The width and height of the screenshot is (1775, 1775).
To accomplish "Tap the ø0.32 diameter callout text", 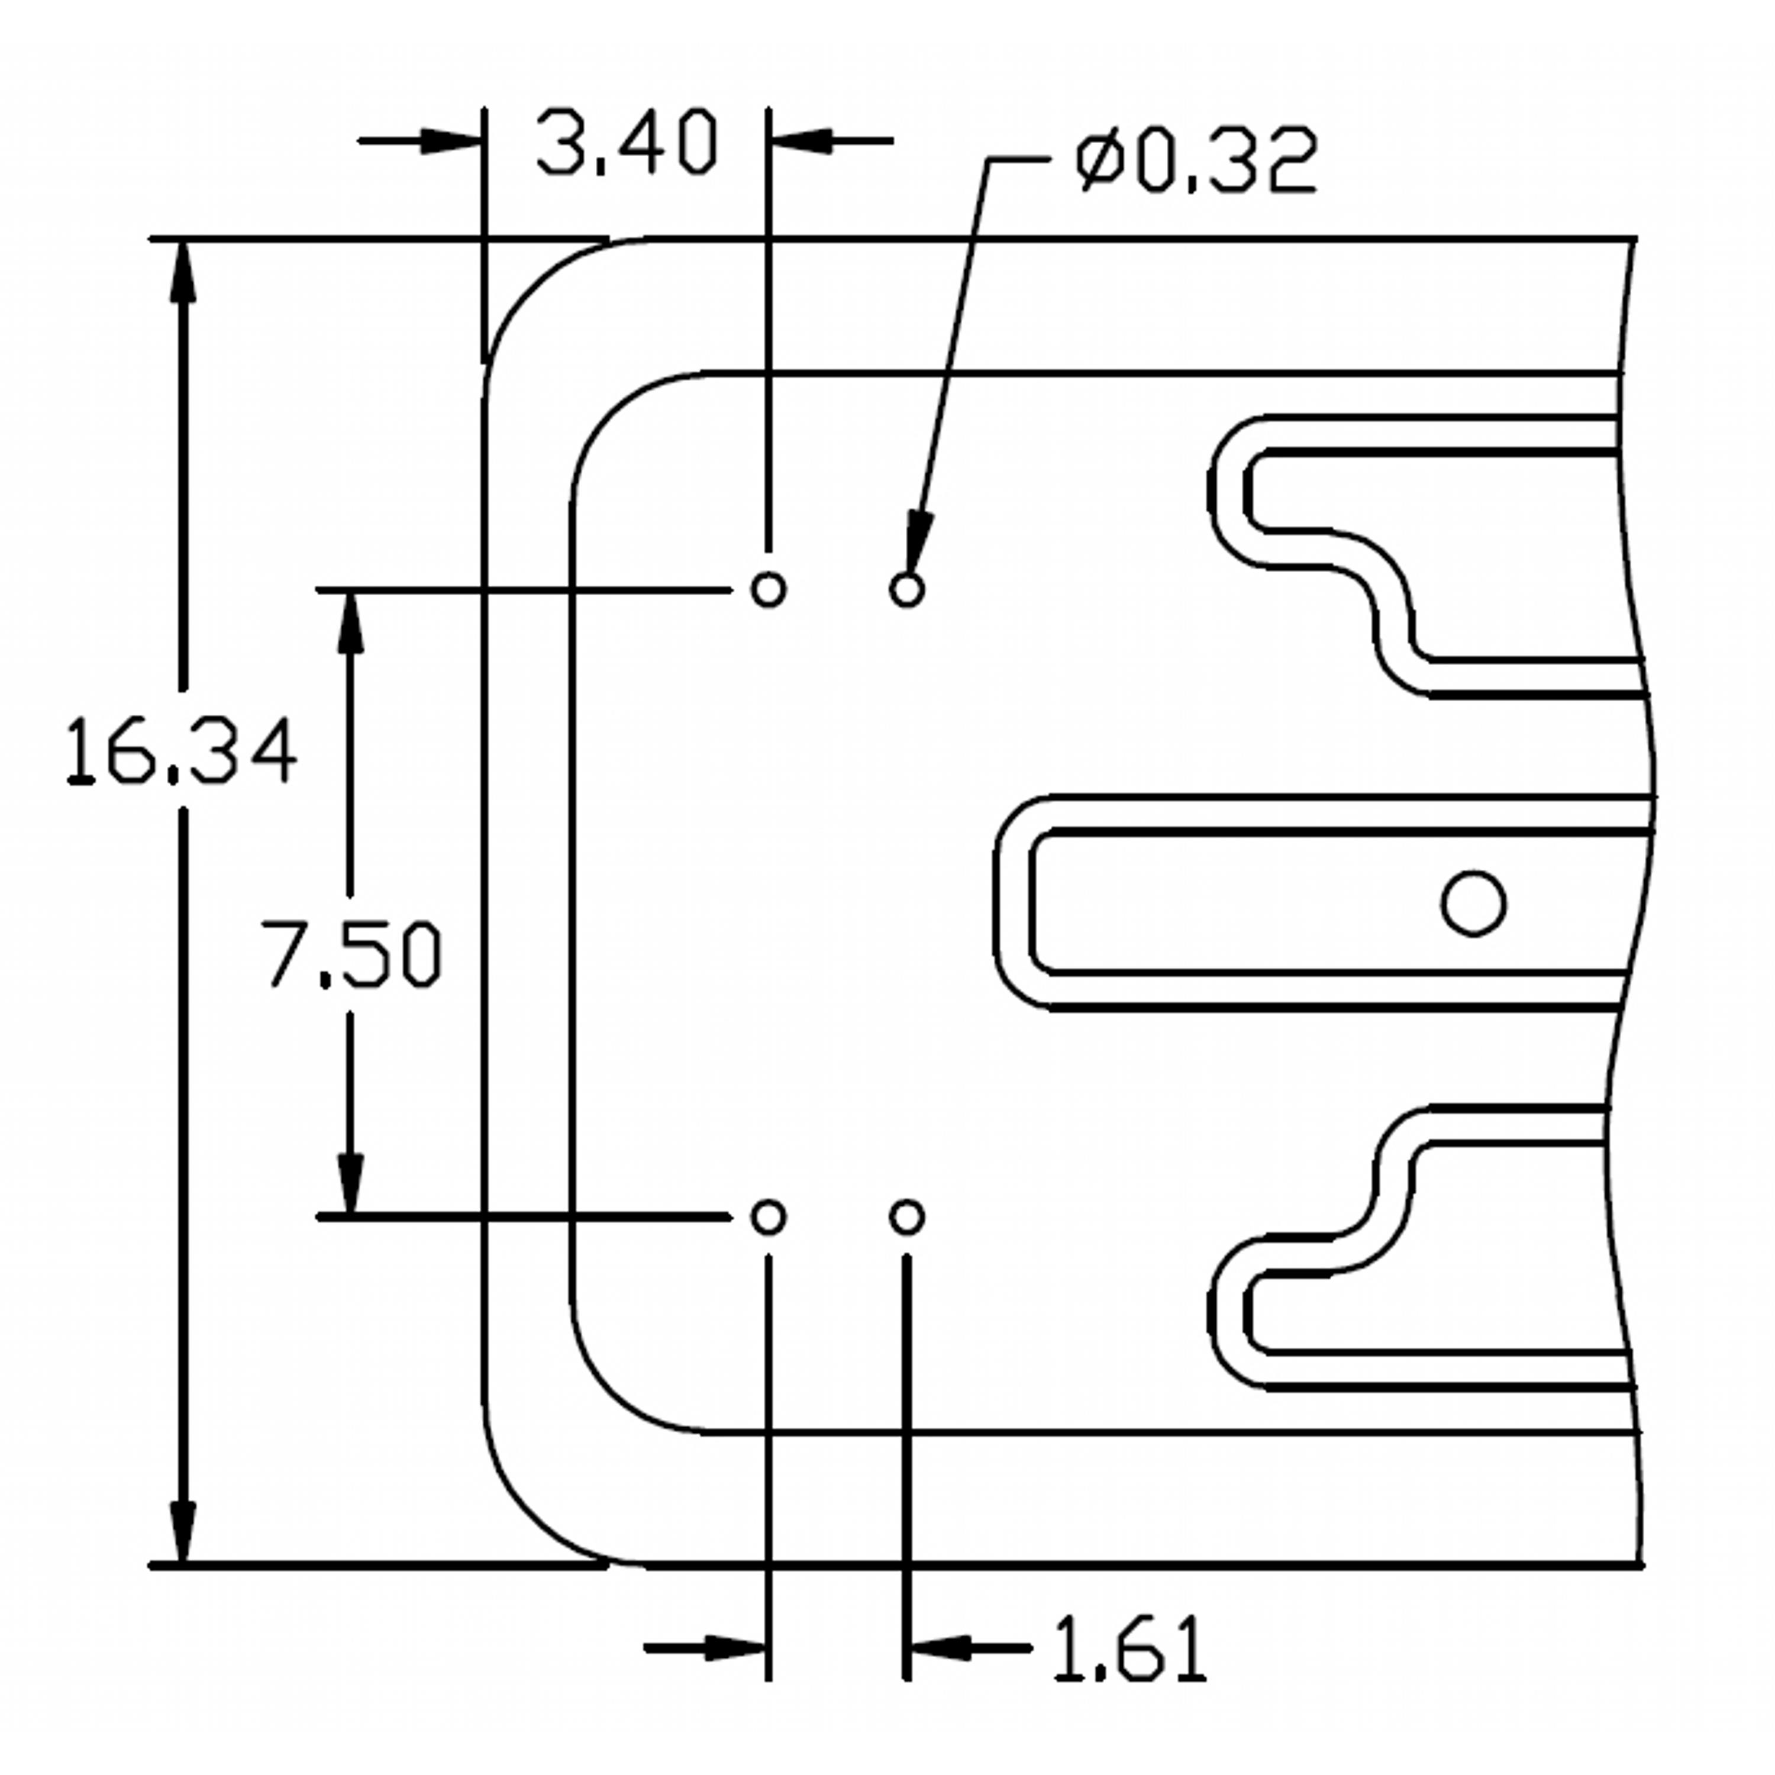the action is click(1196, 160).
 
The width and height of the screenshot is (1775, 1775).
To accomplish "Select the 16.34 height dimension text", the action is click(182, 751).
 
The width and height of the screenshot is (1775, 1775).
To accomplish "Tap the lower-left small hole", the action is click(768, 1217).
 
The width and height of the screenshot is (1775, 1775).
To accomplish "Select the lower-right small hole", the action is click(907, 1217).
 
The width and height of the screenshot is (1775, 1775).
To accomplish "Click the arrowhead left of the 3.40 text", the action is click(452, 141).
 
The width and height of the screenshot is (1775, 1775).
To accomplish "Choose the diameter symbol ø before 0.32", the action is click(1100, 160).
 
